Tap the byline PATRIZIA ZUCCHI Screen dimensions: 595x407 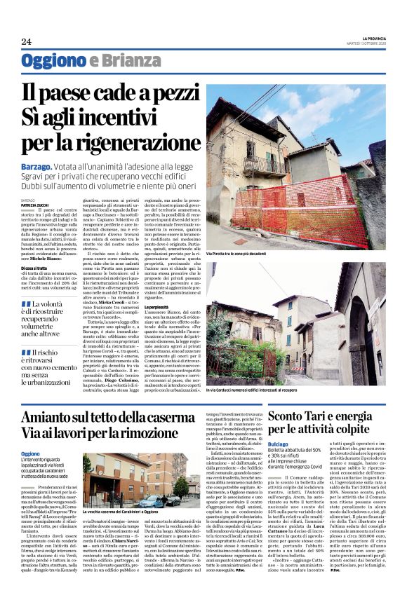pos(36,204)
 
